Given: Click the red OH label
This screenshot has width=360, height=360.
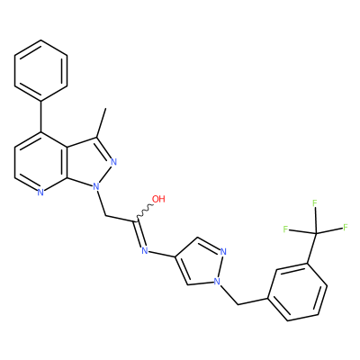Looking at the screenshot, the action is coord(158,199).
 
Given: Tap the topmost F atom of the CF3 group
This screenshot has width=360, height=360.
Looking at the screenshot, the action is coord(315,203).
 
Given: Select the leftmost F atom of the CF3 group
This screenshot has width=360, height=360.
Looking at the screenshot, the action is coord(285,229).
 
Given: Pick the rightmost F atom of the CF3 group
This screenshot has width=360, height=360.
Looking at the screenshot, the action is coord(346,227).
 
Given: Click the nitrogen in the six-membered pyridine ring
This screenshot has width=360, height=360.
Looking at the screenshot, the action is coord(40,193).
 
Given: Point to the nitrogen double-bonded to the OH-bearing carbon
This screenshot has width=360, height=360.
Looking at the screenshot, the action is coord(145,250).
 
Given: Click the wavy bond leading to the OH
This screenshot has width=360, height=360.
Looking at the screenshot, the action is coord(145,211).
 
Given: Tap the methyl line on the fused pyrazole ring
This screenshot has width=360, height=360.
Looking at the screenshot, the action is coord(101,123).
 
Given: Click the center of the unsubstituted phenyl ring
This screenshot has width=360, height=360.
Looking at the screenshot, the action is coord(40,70).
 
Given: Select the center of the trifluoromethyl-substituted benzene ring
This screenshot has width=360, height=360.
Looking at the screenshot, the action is coord(297,292).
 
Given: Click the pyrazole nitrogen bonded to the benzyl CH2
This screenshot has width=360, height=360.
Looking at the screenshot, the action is coord(217,281).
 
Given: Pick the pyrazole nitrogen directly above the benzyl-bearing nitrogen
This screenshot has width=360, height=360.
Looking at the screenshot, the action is coord(223,251).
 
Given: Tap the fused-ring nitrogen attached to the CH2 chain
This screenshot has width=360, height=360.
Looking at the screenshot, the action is coord(95,187).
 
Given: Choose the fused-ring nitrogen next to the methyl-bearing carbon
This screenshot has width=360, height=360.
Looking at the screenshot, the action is coord(113,162).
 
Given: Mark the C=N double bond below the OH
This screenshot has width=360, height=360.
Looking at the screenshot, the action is coord(139,234).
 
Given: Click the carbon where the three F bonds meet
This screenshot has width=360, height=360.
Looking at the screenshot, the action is coord(316,233).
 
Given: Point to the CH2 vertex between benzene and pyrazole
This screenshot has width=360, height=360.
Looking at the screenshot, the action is coord(238,304).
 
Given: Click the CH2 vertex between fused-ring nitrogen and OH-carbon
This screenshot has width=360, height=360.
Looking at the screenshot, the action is coord(106,215).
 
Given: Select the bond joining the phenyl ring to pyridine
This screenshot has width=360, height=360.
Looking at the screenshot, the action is coord(40,116).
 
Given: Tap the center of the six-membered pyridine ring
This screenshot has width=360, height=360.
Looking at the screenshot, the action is coord(40,162).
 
